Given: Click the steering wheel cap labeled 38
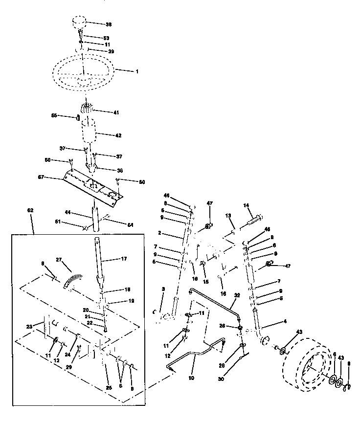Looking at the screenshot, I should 80,23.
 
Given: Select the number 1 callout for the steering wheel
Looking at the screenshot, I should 137,71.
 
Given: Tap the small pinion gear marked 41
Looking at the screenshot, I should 87,110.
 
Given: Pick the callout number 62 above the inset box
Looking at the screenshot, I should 30,210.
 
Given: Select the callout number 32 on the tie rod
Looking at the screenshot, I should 238,295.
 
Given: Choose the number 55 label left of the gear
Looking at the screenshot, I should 55,115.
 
